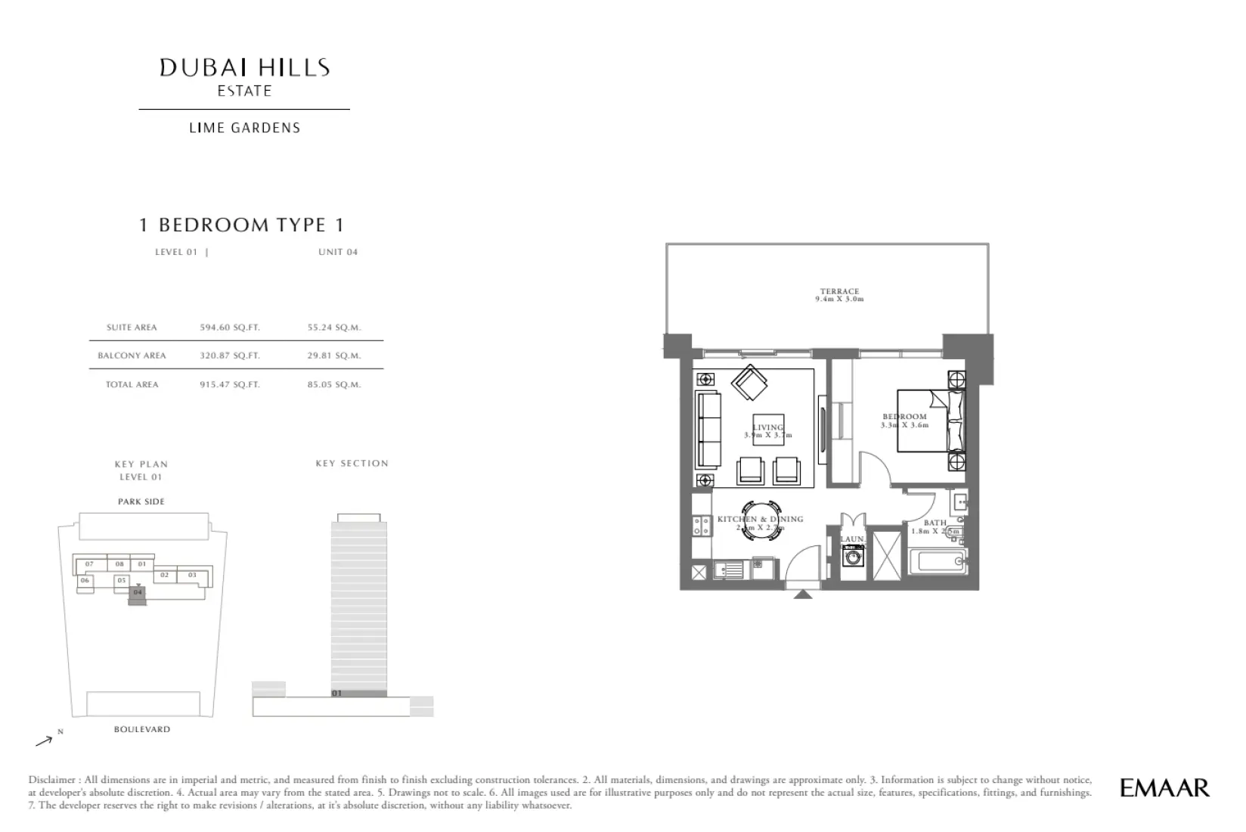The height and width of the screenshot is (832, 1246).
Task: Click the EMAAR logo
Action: coord(1164,787)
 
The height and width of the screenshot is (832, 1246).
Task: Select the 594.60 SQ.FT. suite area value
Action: coord(230,328)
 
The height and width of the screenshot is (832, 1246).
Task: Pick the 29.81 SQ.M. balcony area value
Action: coord(334,355)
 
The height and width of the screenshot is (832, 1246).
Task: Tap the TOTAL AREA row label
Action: coord(132,384)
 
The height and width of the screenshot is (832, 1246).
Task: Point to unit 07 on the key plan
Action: coord(89,564)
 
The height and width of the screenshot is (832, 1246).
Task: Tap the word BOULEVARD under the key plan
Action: coord(142,729)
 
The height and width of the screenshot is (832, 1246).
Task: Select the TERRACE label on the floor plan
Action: coord(839,291)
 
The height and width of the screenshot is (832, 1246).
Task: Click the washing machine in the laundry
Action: coord(854,558)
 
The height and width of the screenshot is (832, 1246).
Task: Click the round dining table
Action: coord(761,520)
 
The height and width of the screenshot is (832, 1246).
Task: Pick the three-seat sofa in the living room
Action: coord(708,430)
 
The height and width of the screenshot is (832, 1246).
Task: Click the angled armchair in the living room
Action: coord(749,383)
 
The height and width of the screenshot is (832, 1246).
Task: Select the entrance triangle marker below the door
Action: coord(803,595)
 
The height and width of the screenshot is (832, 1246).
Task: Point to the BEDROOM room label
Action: coord(904,417)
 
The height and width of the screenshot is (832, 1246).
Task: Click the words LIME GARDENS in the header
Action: coord(244,128)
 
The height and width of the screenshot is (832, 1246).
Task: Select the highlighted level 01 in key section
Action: coord(359,693)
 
